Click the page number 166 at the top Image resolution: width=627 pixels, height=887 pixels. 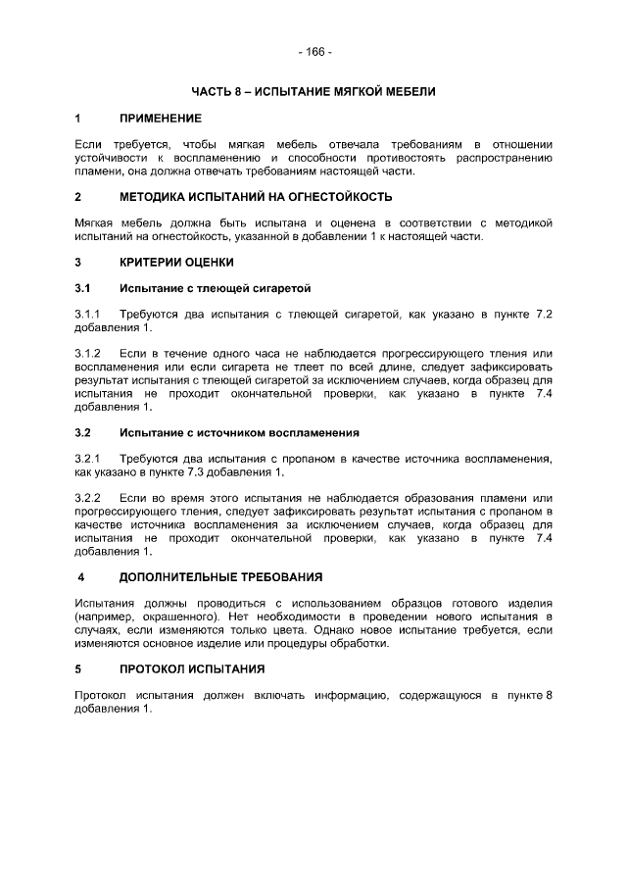(314, 51)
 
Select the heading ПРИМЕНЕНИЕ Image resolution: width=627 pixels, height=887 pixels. (161, 119)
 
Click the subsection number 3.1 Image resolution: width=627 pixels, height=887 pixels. (83, 289)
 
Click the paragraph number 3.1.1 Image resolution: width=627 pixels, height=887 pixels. (89, 314)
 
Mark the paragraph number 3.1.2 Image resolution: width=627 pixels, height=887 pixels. (89, 353)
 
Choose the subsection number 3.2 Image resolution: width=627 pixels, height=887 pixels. (83, 432)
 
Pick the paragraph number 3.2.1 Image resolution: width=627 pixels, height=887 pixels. (89, 458)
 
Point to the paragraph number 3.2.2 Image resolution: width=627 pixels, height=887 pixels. (89, 498)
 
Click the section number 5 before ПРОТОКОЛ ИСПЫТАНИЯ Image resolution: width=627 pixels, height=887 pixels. (78, 669)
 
